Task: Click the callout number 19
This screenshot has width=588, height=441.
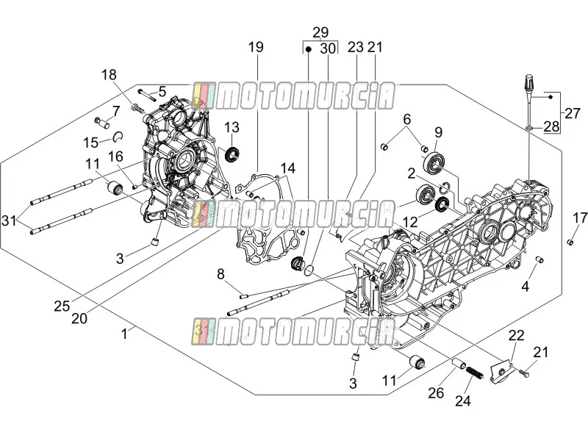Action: pyautogui.click(x=256, y=47)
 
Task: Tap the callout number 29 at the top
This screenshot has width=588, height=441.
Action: pyautogui.click(x=320, y=32)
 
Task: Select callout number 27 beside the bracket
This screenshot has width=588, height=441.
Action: pyautogui.click(x=573, y=113)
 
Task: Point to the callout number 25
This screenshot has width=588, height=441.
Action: pyautogui.click(x=62, y=306)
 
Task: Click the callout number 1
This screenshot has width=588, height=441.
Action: pyautogui.click(x=124, y=334)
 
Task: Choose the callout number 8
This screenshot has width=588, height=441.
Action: pyautogui.click(x=220, y=274)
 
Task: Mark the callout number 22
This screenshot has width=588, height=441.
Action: pyautogui.click(x=516, y=335)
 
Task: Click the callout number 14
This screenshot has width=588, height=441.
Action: pyautogui.click(x=287, y=168)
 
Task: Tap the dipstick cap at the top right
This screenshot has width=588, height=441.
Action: pyautogui.click(x=528, y=83)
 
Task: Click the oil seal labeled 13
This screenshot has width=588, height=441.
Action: pyautogui.click(x=232, y=155)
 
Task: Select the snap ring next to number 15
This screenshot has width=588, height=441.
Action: pyautogui.click(x=118, y=137)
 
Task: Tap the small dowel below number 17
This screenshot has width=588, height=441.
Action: pyautogui.click(x=570, y=243)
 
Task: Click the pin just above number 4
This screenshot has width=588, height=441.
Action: pyautogui.click(x=539, y=259)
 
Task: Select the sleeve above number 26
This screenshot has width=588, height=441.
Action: pyautogui.click(x=459, y=364)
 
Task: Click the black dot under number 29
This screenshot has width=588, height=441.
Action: pyautogui.click(x=308, y=49)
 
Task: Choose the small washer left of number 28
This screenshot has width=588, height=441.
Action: pyautogui.click(x=529, y=129)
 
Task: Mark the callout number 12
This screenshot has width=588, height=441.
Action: pyautogui.click(x=410, y=222)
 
